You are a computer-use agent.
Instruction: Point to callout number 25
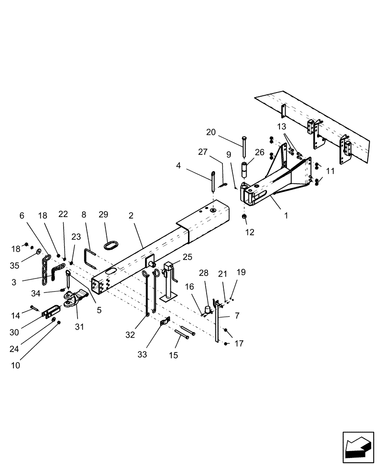(x=187, y=257)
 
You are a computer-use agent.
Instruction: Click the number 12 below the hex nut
(x=250, y=232)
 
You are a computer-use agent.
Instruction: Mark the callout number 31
(x=79, y=327)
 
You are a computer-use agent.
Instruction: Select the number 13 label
(x=282, y=126)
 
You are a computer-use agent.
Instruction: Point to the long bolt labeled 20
(x=243, y=146)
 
